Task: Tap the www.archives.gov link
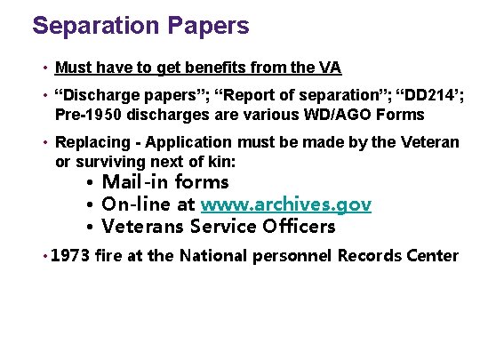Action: (286, 204)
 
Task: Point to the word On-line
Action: (139, 204)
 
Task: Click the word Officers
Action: (299, 227)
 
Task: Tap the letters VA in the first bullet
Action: (329, 68)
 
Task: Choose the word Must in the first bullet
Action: (71, 68)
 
